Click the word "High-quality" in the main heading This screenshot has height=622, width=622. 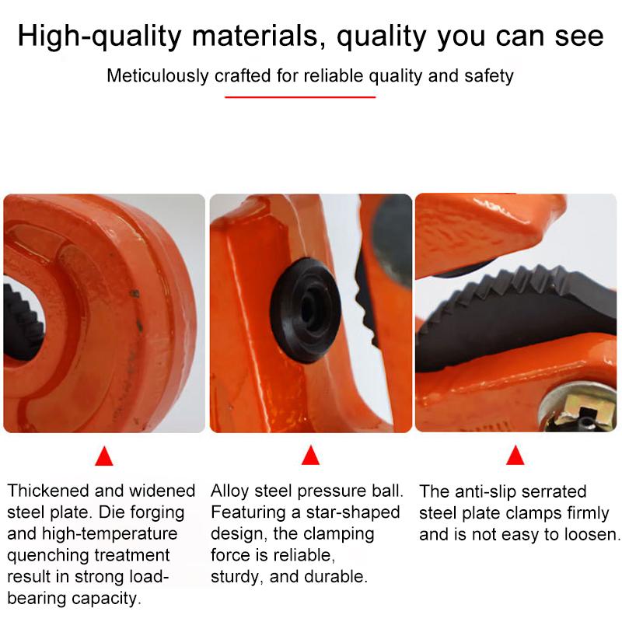(100, 37)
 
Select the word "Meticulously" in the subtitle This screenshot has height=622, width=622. (158, 75)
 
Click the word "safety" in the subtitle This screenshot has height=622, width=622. (489, 75)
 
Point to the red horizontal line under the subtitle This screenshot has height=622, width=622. (300, 96)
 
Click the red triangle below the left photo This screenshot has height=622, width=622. (104, 456)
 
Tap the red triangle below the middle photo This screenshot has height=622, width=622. (310, 455)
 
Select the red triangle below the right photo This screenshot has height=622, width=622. (515, 455)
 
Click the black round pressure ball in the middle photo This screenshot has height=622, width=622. (306, 309)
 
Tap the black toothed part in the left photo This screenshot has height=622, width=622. (22, 321)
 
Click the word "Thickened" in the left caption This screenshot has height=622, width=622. (49, 491)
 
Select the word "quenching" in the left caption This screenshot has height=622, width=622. (49, 556)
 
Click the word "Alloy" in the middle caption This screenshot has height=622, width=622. (230, 491)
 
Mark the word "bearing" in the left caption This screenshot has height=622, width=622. (37, 599)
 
